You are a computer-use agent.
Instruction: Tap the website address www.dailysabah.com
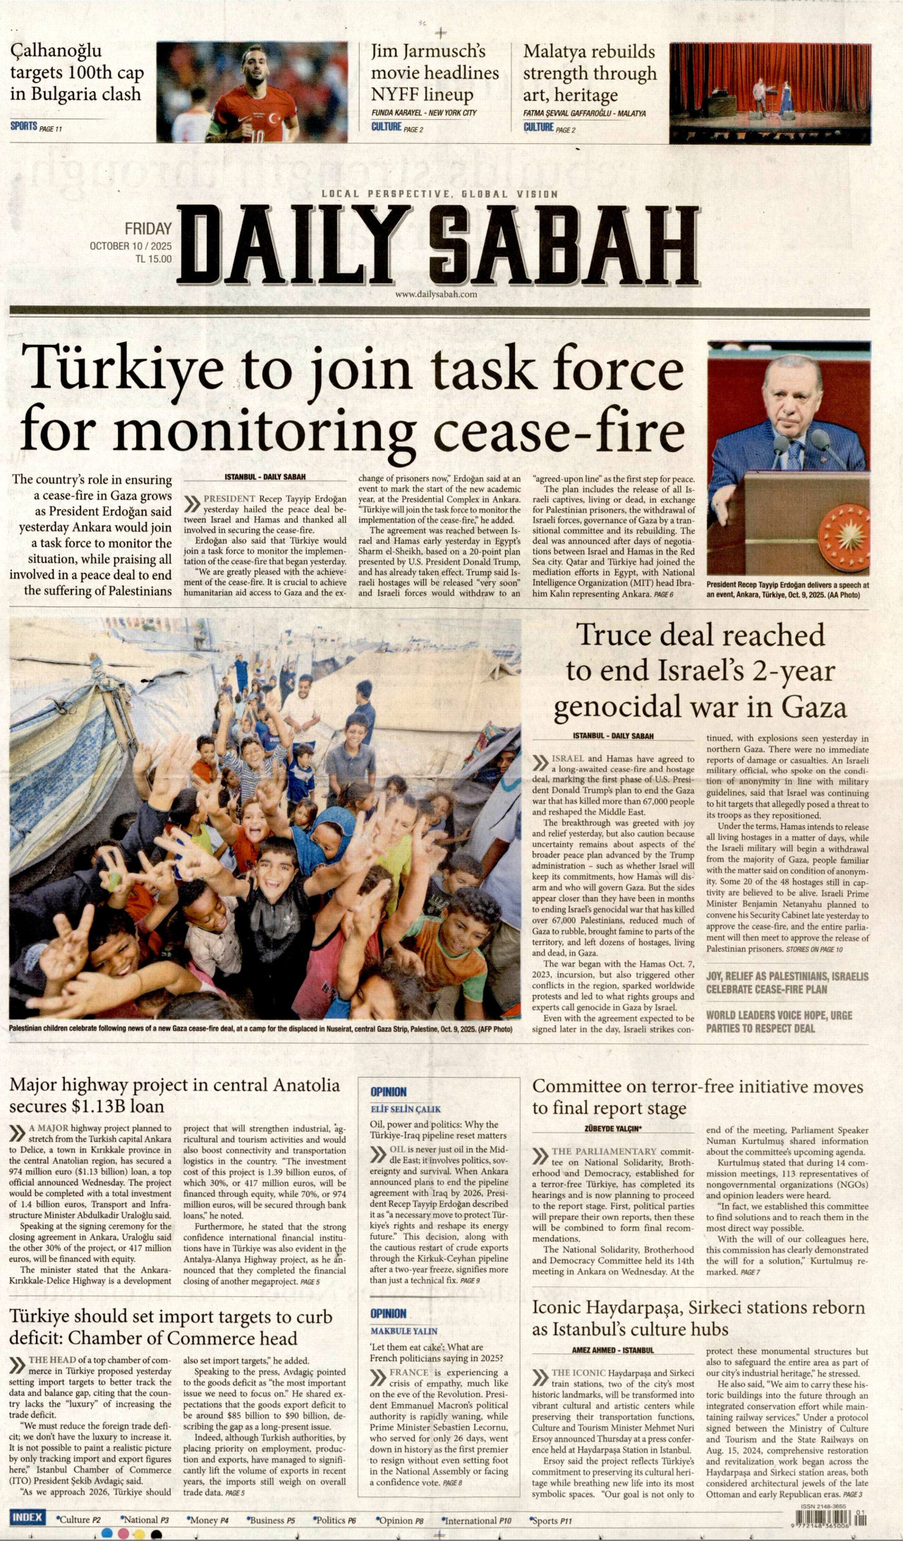pos(436,295)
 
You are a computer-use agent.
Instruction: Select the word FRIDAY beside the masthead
pos(148,229)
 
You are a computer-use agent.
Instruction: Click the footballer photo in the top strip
pos(252,92)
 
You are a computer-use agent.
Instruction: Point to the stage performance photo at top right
pos(770,92)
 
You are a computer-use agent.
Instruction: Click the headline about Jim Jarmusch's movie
pos(435,73)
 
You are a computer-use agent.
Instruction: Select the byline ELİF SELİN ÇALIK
pos(406,1109)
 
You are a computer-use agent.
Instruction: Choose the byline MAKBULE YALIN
pos(404,1331)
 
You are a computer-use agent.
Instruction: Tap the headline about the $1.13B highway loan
pos(174,1095)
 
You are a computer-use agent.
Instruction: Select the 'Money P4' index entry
pos(209,1521)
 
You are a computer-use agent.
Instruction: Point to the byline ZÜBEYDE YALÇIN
pos(612,1128)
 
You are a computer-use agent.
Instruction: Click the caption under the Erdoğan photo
pos(787,590)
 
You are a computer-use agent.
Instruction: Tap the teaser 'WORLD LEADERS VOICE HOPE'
pos(779,1022)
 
